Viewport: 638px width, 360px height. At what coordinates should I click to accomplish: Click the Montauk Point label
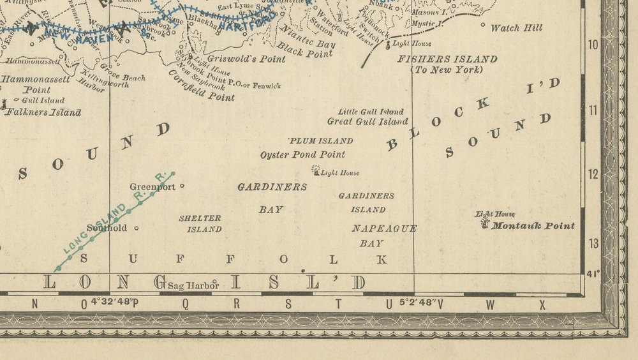coord(533,225)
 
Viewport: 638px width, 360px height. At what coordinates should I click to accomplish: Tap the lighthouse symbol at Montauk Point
coord(485,222)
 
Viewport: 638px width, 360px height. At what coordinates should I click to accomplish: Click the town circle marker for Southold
coord(136,228)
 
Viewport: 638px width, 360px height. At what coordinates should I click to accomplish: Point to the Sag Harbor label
coord(193,286)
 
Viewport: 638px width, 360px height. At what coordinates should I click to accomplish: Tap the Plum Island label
coord(320,140)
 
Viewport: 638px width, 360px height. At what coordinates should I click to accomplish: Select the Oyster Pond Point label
coord(302,154)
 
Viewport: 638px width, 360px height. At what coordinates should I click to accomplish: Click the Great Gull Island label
coord(367,121)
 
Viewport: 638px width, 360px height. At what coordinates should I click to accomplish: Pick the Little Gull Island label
coord(371,111)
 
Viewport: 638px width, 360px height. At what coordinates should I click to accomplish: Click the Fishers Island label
coord(447,59)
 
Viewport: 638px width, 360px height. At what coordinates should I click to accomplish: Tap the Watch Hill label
coord(516,28)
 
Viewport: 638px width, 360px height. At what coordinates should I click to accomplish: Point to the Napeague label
coord(384,228)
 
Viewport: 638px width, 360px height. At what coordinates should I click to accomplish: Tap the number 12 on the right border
coord(593,174)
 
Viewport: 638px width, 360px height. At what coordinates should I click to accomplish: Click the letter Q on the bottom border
coord(185,304)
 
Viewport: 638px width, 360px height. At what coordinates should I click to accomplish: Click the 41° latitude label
coord(593,274)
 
